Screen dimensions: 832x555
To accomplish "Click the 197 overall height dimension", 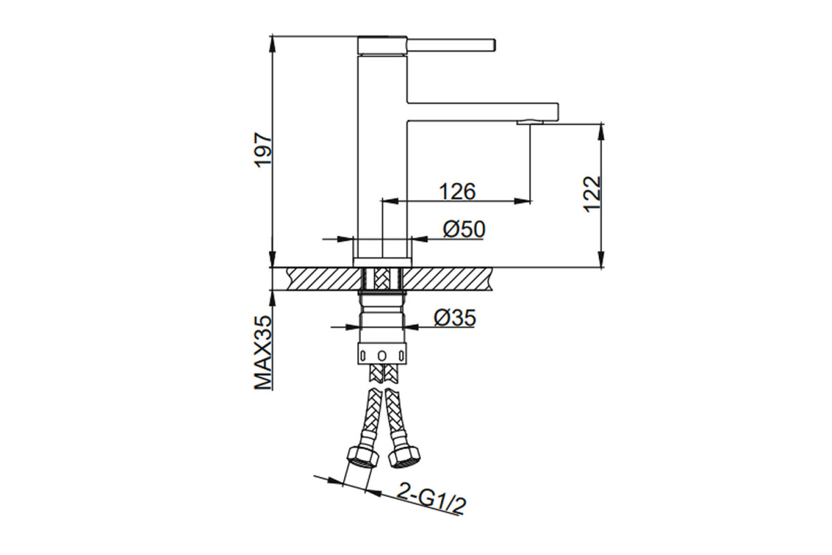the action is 265,150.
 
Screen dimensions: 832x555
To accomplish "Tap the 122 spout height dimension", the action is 592,194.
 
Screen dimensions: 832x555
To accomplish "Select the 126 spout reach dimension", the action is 457,191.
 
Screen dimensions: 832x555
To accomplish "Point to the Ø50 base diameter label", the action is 464,229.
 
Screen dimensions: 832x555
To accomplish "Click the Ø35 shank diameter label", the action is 455,318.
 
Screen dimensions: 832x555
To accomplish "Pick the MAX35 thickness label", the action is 264,352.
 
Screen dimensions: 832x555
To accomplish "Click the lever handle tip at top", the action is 494,45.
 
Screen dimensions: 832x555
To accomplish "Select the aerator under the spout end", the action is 530,121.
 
